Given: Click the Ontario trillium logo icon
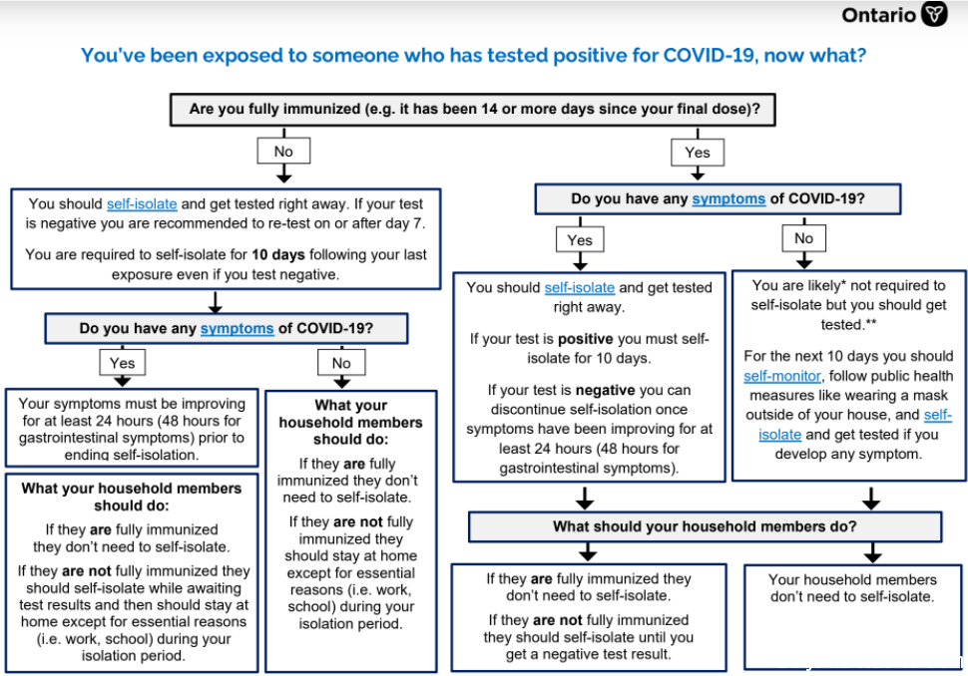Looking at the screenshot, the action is pyautogui.click(x=934, y=14).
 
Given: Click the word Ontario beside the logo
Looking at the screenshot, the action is pyautogui.click(x=878, y=15).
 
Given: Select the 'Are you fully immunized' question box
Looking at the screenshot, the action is pyautogui.click(x=473, y=110).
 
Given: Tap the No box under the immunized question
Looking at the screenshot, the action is pyautogui.click(x=283, y=152).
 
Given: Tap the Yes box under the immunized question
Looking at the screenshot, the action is pyautogui.click(x=698, y=153).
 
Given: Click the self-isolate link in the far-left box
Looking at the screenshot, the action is pyautogui.click(x=142, y=204).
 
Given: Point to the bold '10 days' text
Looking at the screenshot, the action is pyautogui.click(x=277, y=254).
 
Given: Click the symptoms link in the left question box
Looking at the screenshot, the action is pyautogui.click(x=238, y=329).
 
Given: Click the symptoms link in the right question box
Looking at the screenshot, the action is pyautogui.click(x=728, y=199).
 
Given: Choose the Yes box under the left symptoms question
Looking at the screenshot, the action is pyautogui.click(x=122, y=363).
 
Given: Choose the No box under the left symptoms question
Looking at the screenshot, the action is pyautogui.click(x=341, y=363).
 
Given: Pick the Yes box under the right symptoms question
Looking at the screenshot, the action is pyautogui.click(x=580, y=240).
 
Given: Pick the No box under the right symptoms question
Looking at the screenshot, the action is pyautogui.click(x=803, y=238).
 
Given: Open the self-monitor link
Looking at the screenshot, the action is pyautogui.click(x=782, y=376).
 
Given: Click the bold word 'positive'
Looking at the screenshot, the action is pyautogui.click(x=585, y=339).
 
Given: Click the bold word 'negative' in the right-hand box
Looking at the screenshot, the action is pyautogui.click(x=605, y=391).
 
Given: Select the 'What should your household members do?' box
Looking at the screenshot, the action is pyautogui.click(x=705, y=526).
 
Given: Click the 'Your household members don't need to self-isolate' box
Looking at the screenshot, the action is pyautogui.click(x=852, y=617).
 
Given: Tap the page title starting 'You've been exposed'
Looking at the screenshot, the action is pyautogui.click(x=473, y=56).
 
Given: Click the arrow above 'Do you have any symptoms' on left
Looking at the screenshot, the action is pyautogui.click(x=215, y=302).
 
